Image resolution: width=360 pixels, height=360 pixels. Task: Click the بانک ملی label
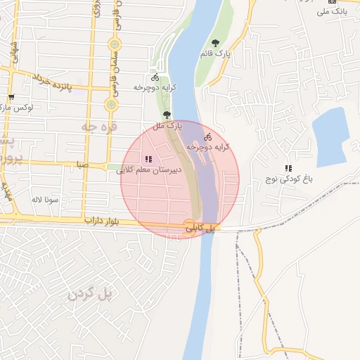point(333,11)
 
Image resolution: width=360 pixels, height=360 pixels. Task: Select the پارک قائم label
point(219,53)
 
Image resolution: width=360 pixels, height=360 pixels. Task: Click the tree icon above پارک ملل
point(167,115)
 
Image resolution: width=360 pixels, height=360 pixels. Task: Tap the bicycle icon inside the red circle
point(207,136)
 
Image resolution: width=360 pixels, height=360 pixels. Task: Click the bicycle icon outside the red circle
point(155,77)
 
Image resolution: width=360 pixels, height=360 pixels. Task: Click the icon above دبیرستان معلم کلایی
point(148,159)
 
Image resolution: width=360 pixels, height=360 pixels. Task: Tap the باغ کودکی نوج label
point(288,179)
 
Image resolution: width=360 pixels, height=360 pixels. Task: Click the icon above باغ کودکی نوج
point(288,168)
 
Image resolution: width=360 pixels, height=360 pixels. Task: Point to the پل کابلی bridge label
point(201,229)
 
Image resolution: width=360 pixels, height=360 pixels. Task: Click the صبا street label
point(83,165)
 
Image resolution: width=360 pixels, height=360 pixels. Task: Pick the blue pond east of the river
point(330,136)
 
